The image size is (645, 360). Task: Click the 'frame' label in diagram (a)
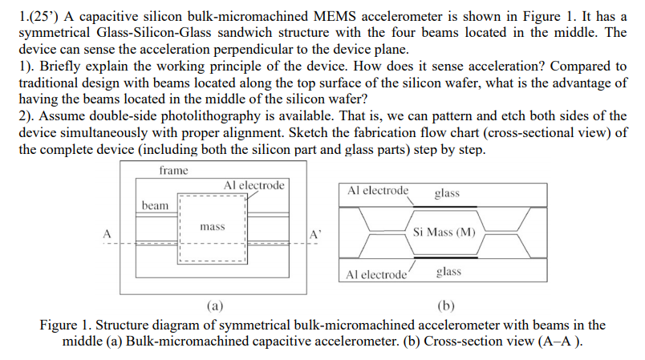tap(173, 170)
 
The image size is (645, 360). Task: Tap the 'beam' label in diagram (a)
tap(155, 205)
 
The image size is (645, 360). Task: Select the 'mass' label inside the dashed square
tap(212, 227)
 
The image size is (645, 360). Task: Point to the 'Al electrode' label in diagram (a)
tap(254, 185)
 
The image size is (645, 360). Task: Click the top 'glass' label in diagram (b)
tap(447, 192)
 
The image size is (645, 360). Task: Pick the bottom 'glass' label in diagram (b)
tap(448, 272)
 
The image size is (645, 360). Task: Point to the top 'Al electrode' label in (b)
tap(378, 191)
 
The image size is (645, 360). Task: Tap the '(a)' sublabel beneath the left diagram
tap(214, 305)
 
